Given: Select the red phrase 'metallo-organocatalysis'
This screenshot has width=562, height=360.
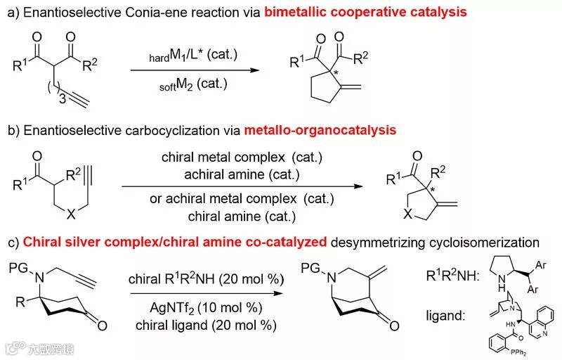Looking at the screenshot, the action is (x=320, y=130).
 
